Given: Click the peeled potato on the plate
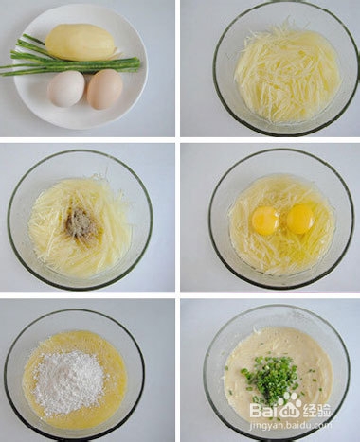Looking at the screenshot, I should click(81, 42).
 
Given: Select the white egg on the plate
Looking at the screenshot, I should click(66, 89).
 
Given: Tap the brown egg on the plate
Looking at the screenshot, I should click(104, 90).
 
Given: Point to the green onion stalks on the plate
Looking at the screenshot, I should click(57, 62).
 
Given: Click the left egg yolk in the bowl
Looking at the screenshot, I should click(265, 220).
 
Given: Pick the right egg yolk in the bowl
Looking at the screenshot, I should click(300, 220).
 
